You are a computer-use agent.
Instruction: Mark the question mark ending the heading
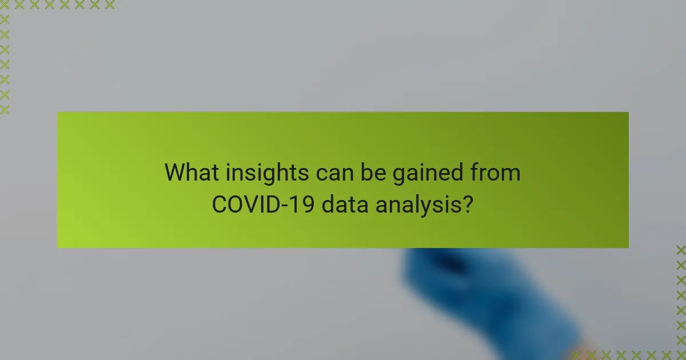click(468, 204)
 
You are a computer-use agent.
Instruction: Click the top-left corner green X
click(5, 5)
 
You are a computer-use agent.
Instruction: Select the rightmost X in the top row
click(109, 5)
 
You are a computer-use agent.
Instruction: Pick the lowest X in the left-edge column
click(5, 109)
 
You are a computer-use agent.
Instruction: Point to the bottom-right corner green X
click(681, 355)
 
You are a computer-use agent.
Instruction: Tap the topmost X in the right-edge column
click(681, 250)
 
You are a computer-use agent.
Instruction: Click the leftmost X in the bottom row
click(576, 355)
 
